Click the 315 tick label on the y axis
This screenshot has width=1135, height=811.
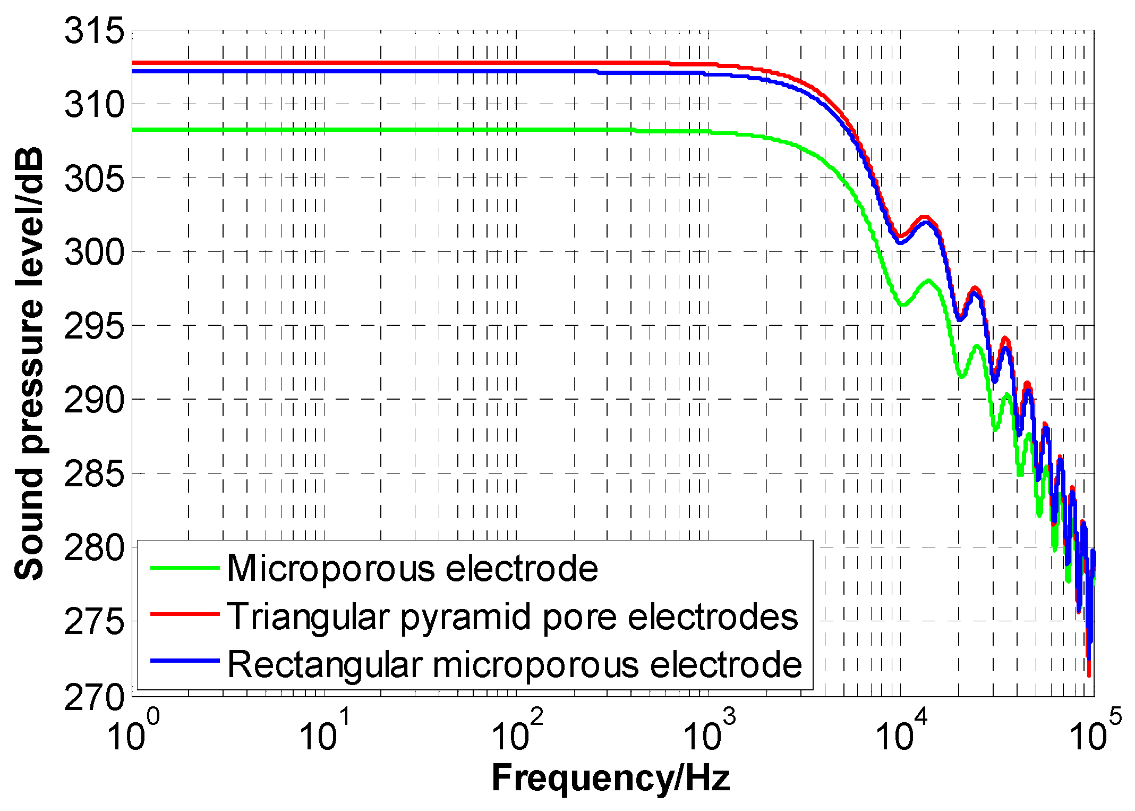click(93, 31)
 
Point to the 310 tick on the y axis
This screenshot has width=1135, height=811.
click(93, 105)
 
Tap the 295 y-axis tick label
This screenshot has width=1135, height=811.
click(93, 326)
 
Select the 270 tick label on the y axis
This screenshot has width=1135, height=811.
click(93, 697)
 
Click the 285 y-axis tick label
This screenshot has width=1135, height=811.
click(93, 474)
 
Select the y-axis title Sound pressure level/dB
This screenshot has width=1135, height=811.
click(29, 364)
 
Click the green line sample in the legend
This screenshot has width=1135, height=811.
click(184, 568)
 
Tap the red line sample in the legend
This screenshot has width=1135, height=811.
click(184, 614)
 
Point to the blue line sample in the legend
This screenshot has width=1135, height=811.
click(184, 661)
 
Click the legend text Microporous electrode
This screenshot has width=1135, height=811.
click(412, 569)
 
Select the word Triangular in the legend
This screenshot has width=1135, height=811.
click(309, 618)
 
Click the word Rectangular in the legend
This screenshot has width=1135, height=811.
click(325, 665)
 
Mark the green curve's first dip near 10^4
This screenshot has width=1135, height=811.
click(902, 305)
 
